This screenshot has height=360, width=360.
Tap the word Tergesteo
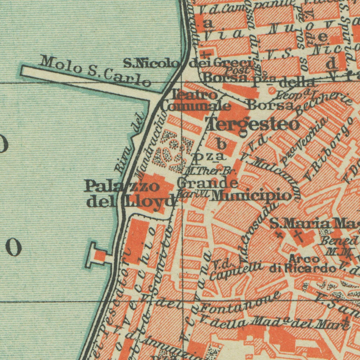tap(253, 125)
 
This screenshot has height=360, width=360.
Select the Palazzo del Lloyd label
tap(130, 194)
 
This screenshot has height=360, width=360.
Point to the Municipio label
tap(251, 195)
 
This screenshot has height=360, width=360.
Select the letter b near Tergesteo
tap(222, 144)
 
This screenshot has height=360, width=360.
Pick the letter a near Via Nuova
tap(208, 23)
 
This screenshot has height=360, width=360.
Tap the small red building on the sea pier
tap(100, 256)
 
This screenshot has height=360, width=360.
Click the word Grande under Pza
tap(207, 183)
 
